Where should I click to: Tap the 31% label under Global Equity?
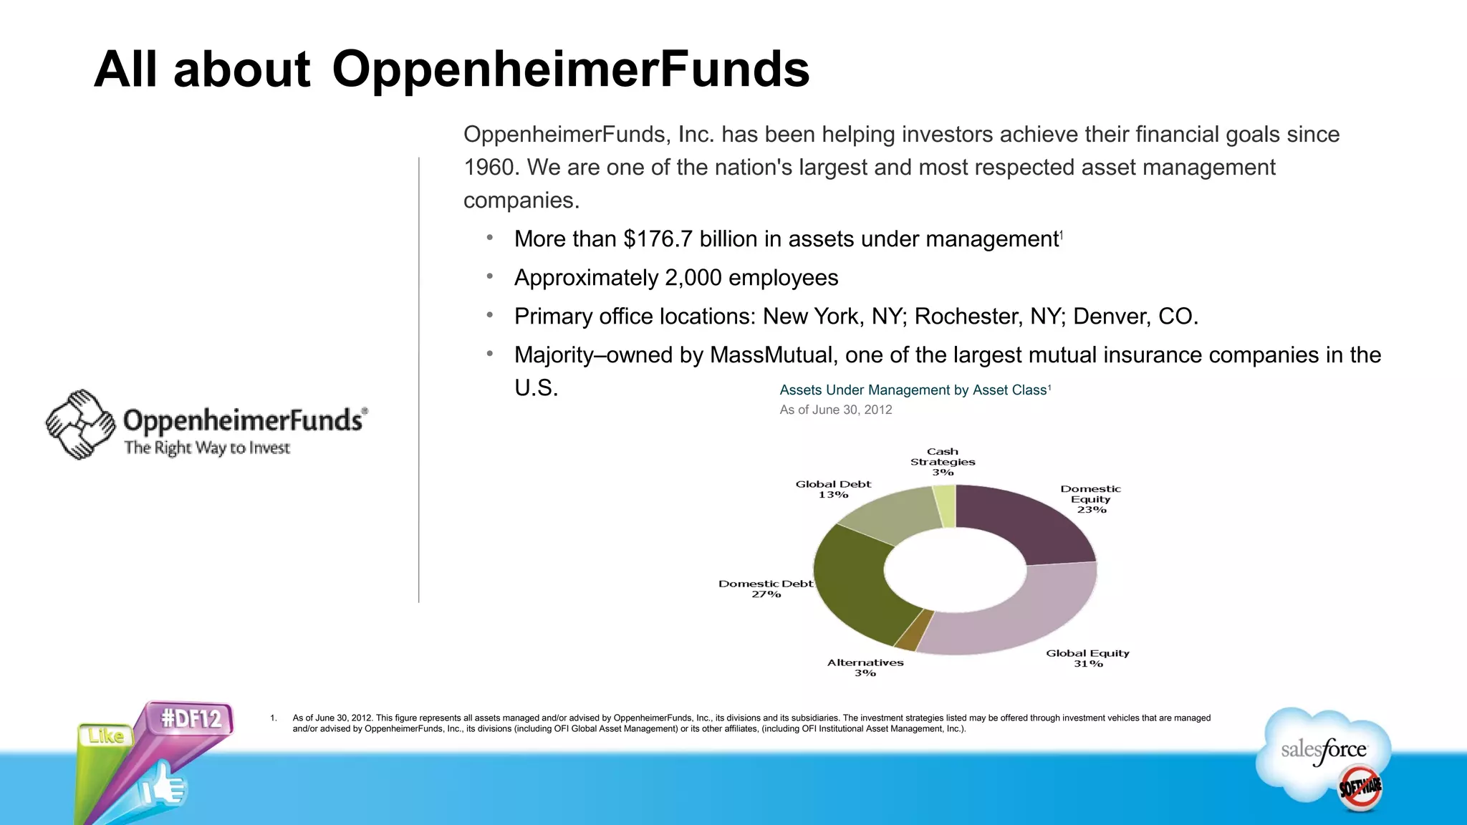pyautogui.click(x=1088, y=664)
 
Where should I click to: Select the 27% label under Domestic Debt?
pyautogui.click(x=766, y=594)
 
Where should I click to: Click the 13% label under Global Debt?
pyautogui.click(x=833, y=495)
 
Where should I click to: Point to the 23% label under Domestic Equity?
pyautogui.click(x=1091, y=510)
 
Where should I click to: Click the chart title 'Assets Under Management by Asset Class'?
pyautogui.click(x=914, y=390)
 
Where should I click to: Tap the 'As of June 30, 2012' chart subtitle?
pyautogui.click(x=835, y=410)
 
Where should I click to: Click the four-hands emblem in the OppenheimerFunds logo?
pyautogui.click(x=80, y=425)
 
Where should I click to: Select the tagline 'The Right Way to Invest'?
pyautogui.click(x=207, y=448)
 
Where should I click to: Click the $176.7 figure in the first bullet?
pyautogui.click(x=658, y=239)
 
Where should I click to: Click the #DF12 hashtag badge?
pyautogui.click(x=191, y=718)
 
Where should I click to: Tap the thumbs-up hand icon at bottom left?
pyautogui.click(x=163, y=787)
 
